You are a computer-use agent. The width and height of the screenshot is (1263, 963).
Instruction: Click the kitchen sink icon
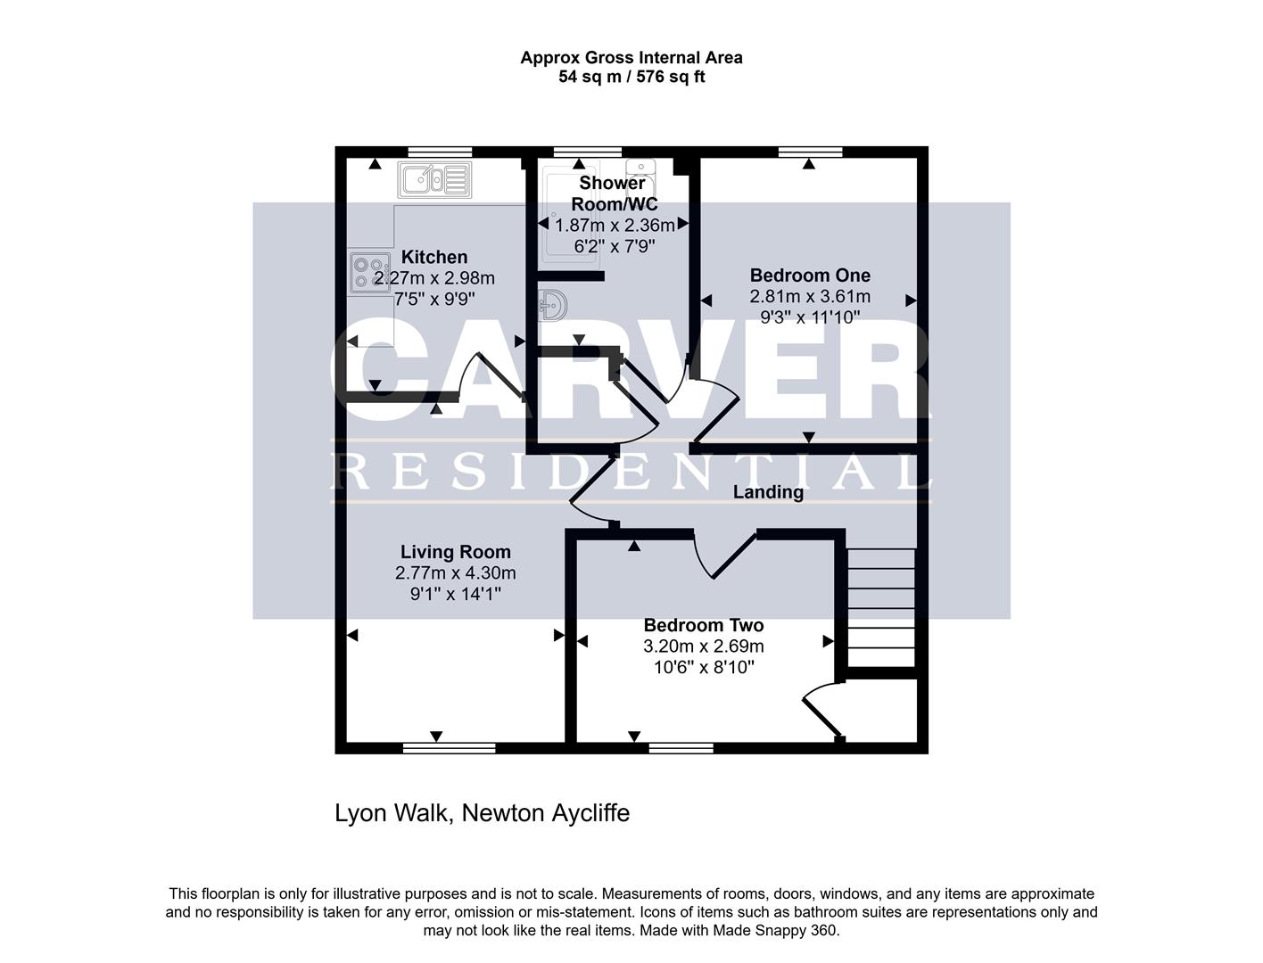pos(434,179)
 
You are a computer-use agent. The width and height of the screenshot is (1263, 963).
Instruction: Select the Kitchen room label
pos(434,257)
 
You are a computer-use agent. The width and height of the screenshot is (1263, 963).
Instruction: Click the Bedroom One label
pos(810,275)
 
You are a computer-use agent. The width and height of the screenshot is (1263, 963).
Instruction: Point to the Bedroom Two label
pos(704,625)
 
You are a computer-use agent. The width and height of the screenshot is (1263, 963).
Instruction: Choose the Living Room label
pos(456,552)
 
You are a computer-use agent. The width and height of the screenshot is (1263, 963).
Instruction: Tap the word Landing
pos(768,492)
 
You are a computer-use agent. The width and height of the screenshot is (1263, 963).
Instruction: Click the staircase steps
pos(881,607)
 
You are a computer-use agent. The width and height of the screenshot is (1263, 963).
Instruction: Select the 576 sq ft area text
pos(671,77)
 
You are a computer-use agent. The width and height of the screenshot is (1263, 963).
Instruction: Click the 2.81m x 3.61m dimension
pos(810,296)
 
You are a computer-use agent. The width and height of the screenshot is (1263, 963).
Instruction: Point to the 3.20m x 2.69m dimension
pos(704,646)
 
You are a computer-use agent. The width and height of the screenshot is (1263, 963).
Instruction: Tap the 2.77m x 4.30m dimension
pos(456,573)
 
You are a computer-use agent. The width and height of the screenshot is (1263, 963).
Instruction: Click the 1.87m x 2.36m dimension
pos(615,225)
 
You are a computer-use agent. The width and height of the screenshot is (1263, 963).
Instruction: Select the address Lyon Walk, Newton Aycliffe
pos(483,813)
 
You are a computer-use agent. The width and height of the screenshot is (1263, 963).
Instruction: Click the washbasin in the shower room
pos(553,305)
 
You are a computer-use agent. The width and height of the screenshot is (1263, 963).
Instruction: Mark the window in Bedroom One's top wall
pos(810,152)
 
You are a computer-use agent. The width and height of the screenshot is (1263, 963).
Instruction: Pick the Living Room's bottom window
pos(449,748)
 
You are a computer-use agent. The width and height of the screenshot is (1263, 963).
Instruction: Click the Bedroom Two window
pos(681,748)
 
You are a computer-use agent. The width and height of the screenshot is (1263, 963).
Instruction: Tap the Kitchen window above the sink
pos(441,152)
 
